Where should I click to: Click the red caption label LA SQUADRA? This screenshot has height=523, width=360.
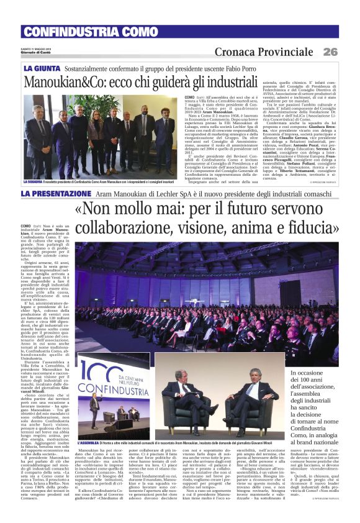35,181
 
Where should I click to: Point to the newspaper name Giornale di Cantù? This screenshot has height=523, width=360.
37,52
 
